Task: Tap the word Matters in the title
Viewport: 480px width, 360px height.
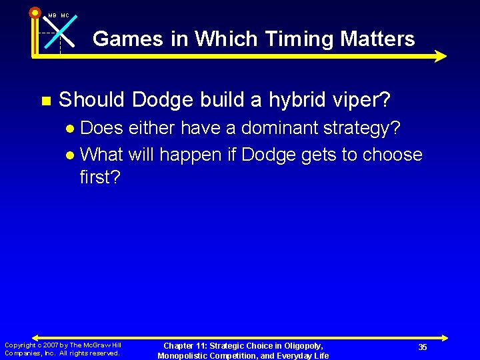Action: point(377,39)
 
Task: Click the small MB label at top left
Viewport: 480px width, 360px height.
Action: point(52,15)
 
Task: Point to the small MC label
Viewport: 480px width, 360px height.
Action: point(65,15)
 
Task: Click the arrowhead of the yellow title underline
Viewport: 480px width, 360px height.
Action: point(440,57)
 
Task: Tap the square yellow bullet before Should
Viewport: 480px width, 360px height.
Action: point(45,101)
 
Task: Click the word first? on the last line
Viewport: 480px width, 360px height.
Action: point(100,177)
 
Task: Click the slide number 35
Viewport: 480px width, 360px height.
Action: point(423,347)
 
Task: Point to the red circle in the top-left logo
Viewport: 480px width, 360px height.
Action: point(35,11)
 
